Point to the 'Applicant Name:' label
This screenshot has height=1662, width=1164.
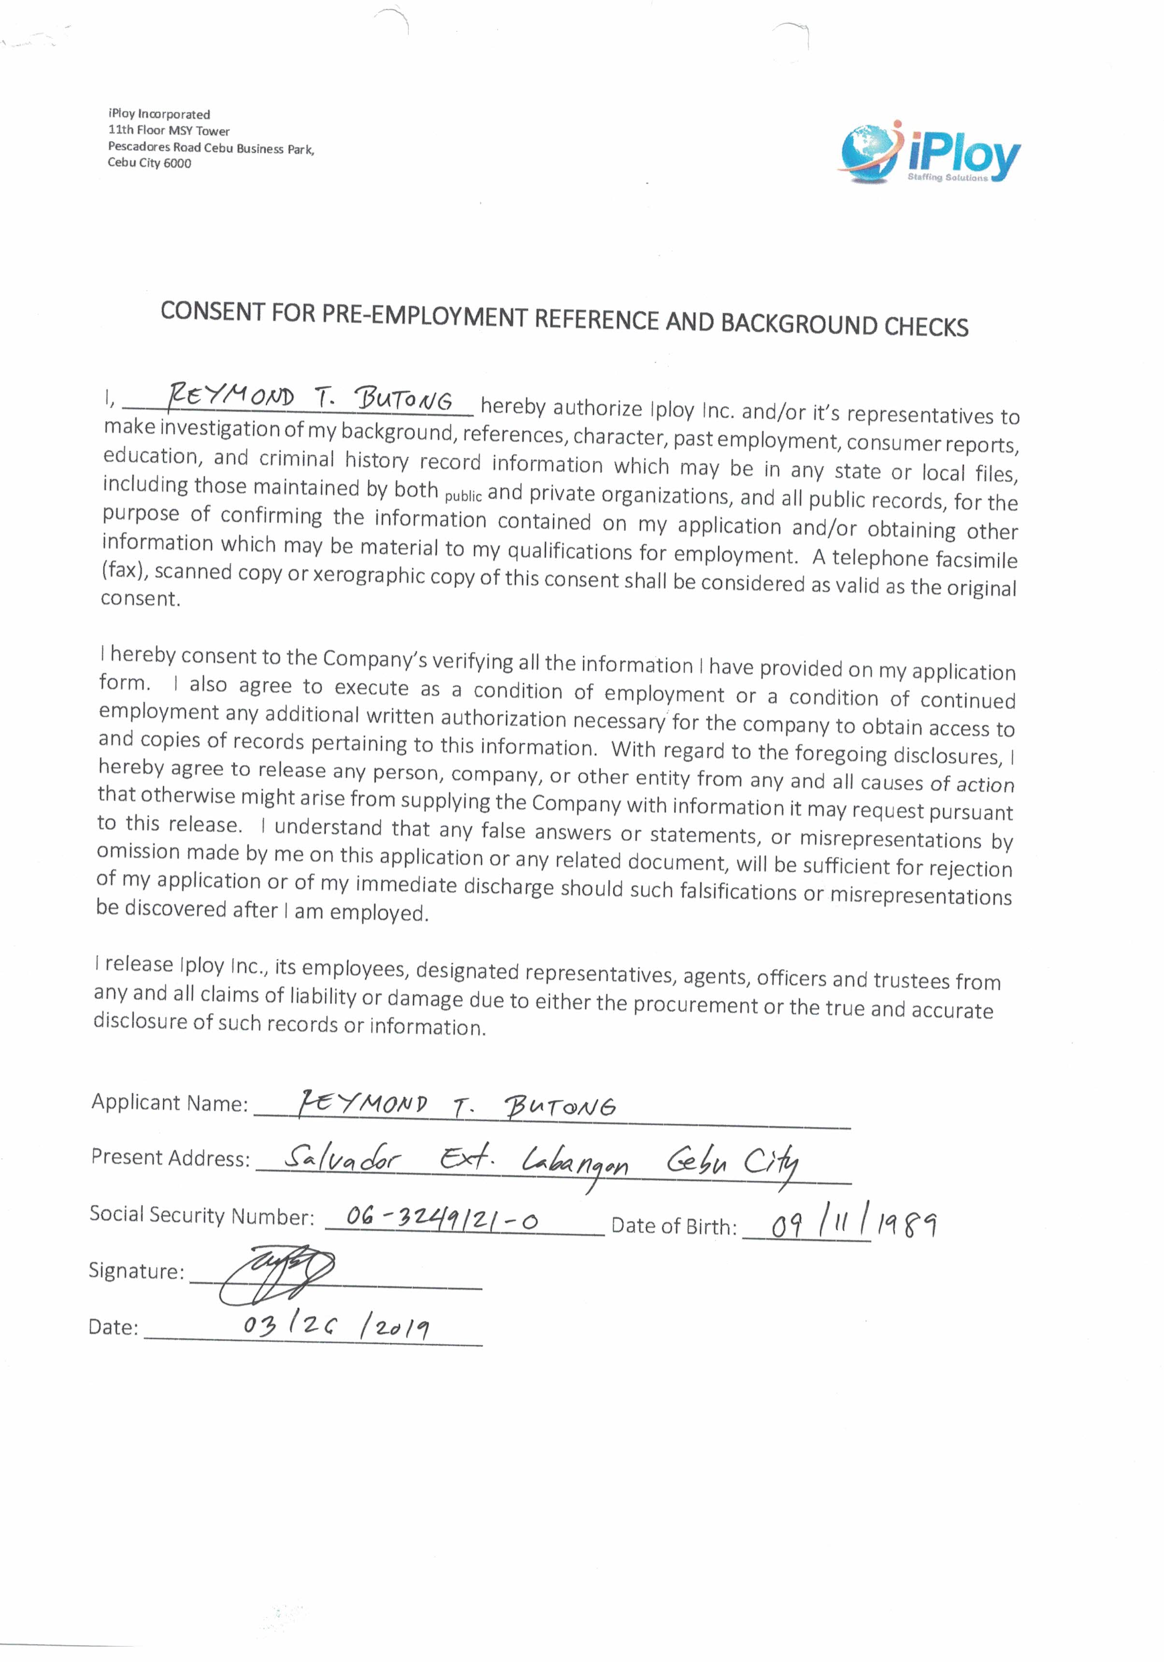click(169, 1103)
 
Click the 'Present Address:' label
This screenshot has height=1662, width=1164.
click(170, 1158)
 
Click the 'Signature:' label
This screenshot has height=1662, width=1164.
click(136, 1271)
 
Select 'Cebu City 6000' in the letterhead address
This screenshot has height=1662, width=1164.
click(150, 163)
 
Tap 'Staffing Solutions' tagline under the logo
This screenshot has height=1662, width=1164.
click(947, 177)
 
